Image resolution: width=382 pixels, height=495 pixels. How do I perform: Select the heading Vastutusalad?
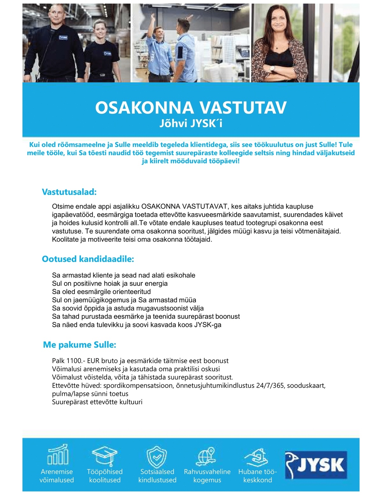[x=69, y=192]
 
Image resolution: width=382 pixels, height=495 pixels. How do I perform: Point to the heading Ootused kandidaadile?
[x=88, y=259]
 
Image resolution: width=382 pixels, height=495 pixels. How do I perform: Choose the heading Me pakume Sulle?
[x=80, y=345]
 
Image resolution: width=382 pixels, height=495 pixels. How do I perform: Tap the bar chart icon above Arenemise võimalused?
[x=58, y=455]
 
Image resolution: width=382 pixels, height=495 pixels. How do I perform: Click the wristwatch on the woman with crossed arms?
[x=272, y=68]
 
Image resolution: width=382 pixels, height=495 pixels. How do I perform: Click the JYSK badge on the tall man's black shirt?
[x=64, y=37]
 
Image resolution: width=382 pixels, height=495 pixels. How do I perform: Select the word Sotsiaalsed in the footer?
[x=157, y=472]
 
